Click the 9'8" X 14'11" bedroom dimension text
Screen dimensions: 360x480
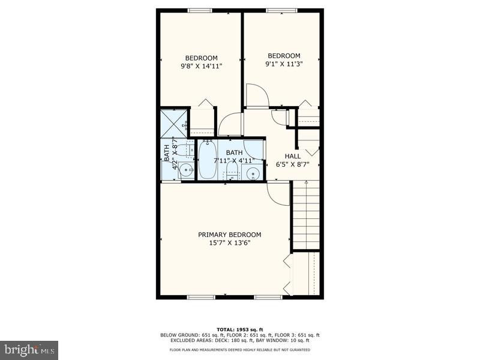click(201, 67)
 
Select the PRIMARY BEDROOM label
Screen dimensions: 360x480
click(230, 235)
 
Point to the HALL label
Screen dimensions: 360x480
click(293, 156)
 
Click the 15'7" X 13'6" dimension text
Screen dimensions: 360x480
click(230, 243)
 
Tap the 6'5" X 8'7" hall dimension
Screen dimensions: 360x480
click(293, 164)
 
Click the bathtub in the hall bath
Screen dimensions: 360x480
click(208, 160)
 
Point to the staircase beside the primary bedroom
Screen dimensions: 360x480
click(306, 216)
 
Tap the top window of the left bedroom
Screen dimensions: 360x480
click(200, 10)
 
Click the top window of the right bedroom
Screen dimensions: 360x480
click(281, 10)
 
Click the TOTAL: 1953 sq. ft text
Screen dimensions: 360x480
click(240, 328)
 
